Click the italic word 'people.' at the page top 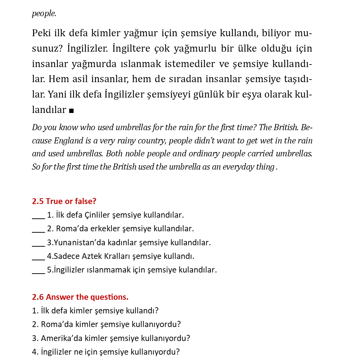click(x=44, y=14)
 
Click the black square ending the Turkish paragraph click(x=71, y=110)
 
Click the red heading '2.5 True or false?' click(x=64, y=202)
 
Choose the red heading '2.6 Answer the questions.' click(x=80, y=297)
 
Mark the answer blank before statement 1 click(x=38, y=216)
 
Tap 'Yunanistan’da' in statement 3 click(x=77, y=243)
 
